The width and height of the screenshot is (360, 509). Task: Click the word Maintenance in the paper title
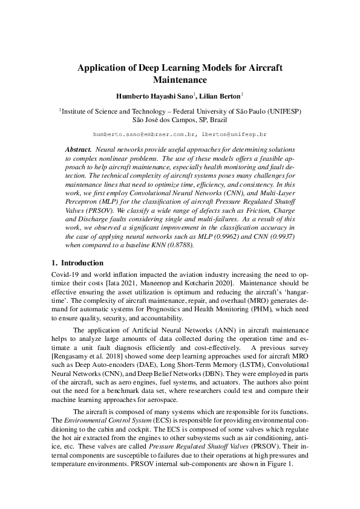pyautogui.click(x=180, y=79)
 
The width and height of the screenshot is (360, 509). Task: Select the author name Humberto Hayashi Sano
pyautogui.click(x=154, y=96)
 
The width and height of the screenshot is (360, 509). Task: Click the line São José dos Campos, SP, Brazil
pyautogui.click(x=180, y=120)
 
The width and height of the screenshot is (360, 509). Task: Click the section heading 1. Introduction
pyautogui.click(x=75, y=263)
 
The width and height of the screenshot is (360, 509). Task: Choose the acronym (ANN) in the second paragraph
pyautogui.click(x=221, y=329)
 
